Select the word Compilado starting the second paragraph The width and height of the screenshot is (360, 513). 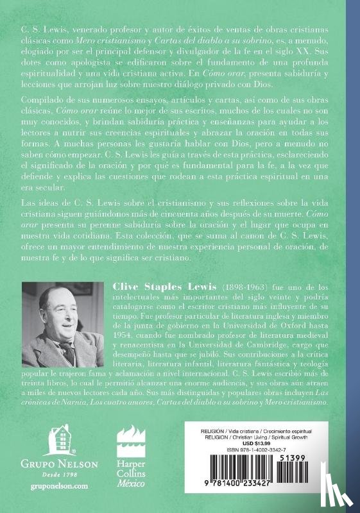[40, 119]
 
